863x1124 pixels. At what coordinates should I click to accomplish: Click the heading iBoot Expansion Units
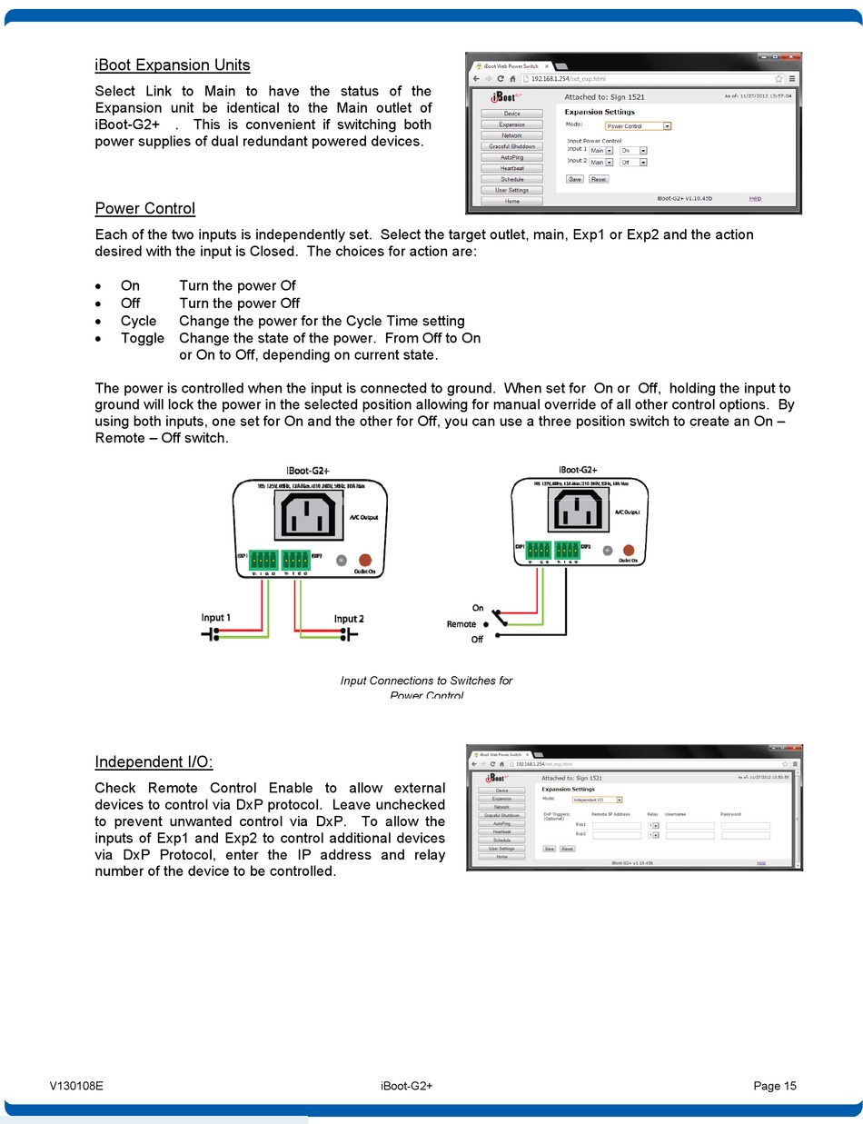click(172, 65)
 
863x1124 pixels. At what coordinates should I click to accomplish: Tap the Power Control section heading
click(144, 209)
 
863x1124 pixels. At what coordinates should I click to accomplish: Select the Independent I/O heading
click(154, 762)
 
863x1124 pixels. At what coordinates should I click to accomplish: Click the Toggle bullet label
click(142, 338)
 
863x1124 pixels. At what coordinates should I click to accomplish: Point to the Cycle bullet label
click(138, 321)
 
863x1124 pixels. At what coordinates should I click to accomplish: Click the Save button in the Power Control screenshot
click(575, 179)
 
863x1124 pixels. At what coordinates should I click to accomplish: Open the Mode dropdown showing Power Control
click(638, 126)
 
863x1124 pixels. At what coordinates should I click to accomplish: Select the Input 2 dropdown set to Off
click(633, 163)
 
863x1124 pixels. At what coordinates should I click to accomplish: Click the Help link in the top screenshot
click(755, 198)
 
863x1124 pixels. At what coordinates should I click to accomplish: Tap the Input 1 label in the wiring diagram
click(216, 618)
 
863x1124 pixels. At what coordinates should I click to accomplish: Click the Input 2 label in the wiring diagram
click(349, 619)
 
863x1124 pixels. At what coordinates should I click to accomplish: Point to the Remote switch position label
click(461, 624)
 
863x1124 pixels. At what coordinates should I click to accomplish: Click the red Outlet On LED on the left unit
click(365, 561)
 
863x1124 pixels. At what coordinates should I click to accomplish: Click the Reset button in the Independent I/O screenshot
click(567, 849)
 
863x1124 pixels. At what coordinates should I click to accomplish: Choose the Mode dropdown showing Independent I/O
click(597, 800)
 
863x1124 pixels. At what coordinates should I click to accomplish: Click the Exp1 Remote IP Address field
click(616, 825)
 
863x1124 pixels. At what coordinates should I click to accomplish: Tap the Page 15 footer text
click(774, 1086)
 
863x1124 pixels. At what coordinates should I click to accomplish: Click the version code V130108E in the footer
click(76, 1086)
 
